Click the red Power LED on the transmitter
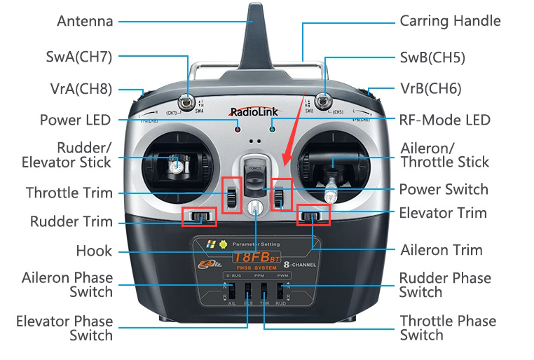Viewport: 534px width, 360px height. pyautogui.click(x=238, y=130)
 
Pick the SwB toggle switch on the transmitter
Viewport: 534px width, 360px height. pyautogui.click(x=324, y=99)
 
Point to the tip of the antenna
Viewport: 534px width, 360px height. pyautogui.click(x=254, y=7)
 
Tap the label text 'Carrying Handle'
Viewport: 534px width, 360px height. pyautogui.click(x=450, y=21)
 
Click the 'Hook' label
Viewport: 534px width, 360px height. pyautogui.click(x=94, y=251)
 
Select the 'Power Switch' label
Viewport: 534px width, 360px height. pyautogui.click(x=444, y=189)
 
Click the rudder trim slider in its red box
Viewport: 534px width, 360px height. pyautogui.click(x=199, y=216)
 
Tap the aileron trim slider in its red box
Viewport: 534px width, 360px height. pyautogui.click(x=313, y=216)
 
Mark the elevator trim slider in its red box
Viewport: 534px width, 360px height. pyautogui.click(x=280, y=195)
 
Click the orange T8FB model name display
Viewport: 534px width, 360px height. pyautogui.click(x=256, y=258)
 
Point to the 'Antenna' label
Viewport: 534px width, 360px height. pyautogui.click(x=85, y=22)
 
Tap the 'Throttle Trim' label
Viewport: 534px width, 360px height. pyautogui.click(x=69, y=193)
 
